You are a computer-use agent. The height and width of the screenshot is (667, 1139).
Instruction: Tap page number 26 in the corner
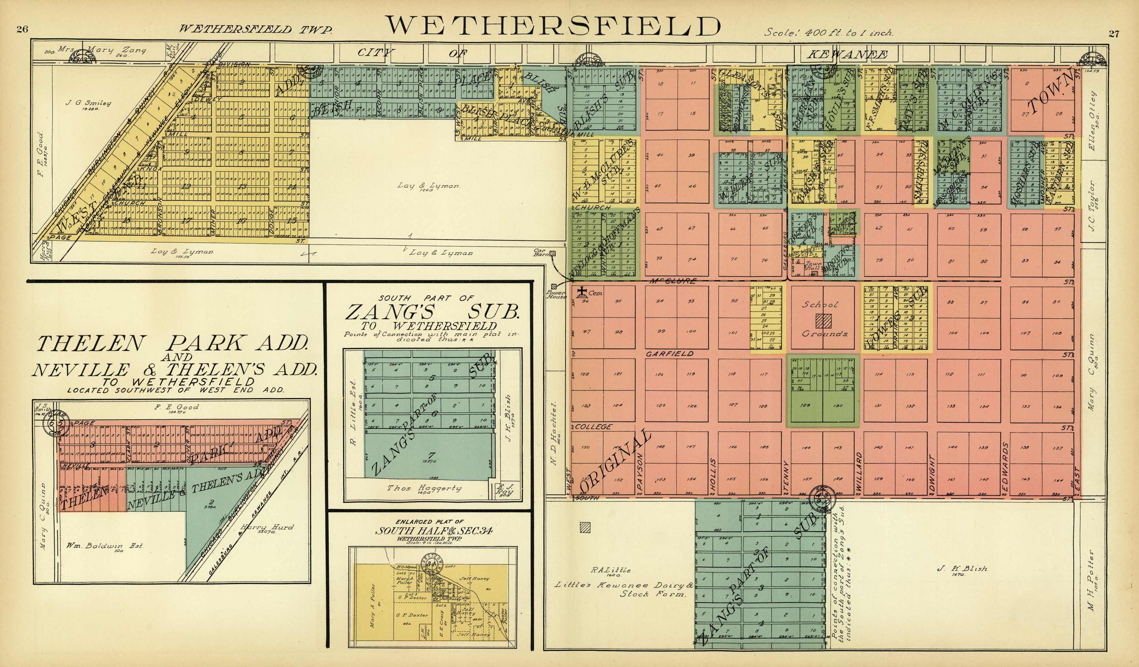[x=22, y=30]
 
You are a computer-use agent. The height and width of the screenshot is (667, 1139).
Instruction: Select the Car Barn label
[x=541, y=252]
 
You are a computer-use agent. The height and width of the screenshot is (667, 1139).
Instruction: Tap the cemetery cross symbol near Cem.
[x=583, y=292]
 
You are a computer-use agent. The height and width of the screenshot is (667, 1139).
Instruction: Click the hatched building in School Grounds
[x=823, y=321]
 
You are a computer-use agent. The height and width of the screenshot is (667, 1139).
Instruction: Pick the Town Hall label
[x=814, y=266]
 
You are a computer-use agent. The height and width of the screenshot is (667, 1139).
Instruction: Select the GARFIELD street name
[x=669, y=354]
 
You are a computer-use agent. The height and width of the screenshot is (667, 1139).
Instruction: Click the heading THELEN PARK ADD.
[x=172, y=344]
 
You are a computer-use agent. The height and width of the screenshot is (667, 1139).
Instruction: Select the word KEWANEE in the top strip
[x=846, y=55]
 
